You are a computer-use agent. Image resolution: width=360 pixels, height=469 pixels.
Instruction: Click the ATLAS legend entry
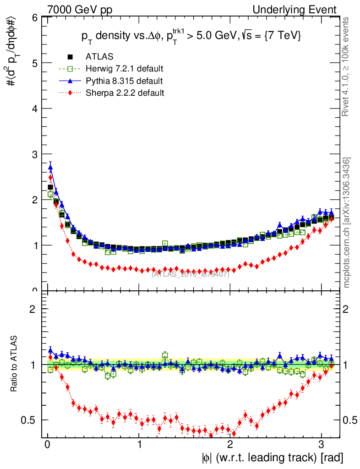click(99, 57)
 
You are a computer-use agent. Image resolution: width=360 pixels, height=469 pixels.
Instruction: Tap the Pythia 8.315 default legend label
click(124, 81)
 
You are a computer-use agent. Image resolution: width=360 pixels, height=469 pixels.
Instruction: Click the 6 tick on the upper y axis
click(34, 18)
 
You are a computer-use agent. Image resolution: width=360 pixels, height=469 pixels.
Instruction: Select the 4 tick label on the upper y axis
click(34, 109)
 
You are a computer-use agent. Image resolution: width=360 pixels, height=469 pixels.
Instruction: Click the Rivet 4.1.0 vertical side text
click(347, 66)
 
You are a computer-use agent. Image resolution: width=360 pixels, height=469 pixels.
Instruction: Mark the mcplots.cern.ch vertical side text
click(347, 223)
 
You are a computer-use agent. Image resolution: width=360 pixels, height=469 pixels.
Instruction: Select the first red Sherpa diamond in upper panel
click(50, 177)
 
